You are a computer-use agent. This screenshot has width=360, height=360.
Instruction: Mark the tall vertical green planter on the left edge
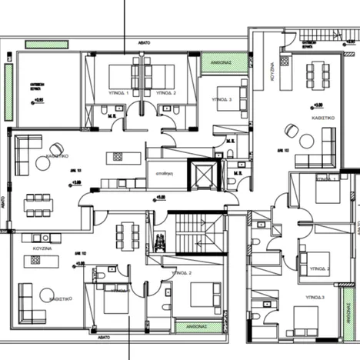click(x=8, y=92)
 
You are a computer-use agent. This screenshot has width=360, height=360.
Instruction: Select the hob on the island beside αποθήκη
click(x=119, y=157)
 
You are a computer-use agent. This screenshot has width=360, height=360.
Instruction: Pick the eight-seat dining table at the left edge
click(x=35, y=205)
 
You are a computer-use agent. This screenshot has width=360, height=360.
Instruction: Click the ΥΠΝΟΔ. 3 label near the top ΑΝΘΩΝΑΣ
click(x=223, y=99)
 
